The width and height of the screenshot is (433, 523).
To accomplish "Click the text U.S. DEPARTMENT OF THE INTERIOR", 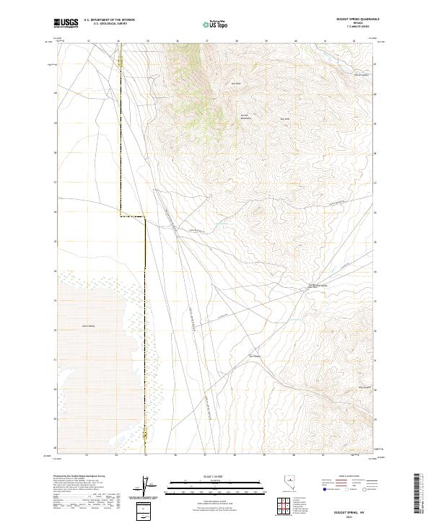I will coord(109,20).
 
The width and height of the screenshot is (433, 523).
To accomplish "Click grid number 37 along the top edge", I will coord(206,41).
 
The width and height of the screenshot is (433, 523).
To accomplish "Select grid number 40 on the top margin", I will coord(296,41).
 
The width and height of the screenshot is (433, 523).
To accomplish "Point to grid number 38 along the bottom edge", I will coord(236,455).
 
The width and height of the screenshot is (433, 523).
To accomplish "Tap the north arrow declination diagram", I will coord(152,488).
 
